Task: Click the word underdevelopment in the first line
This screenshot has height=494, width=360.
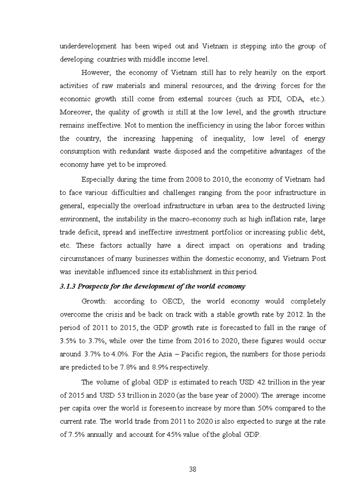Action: point(88,46)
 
